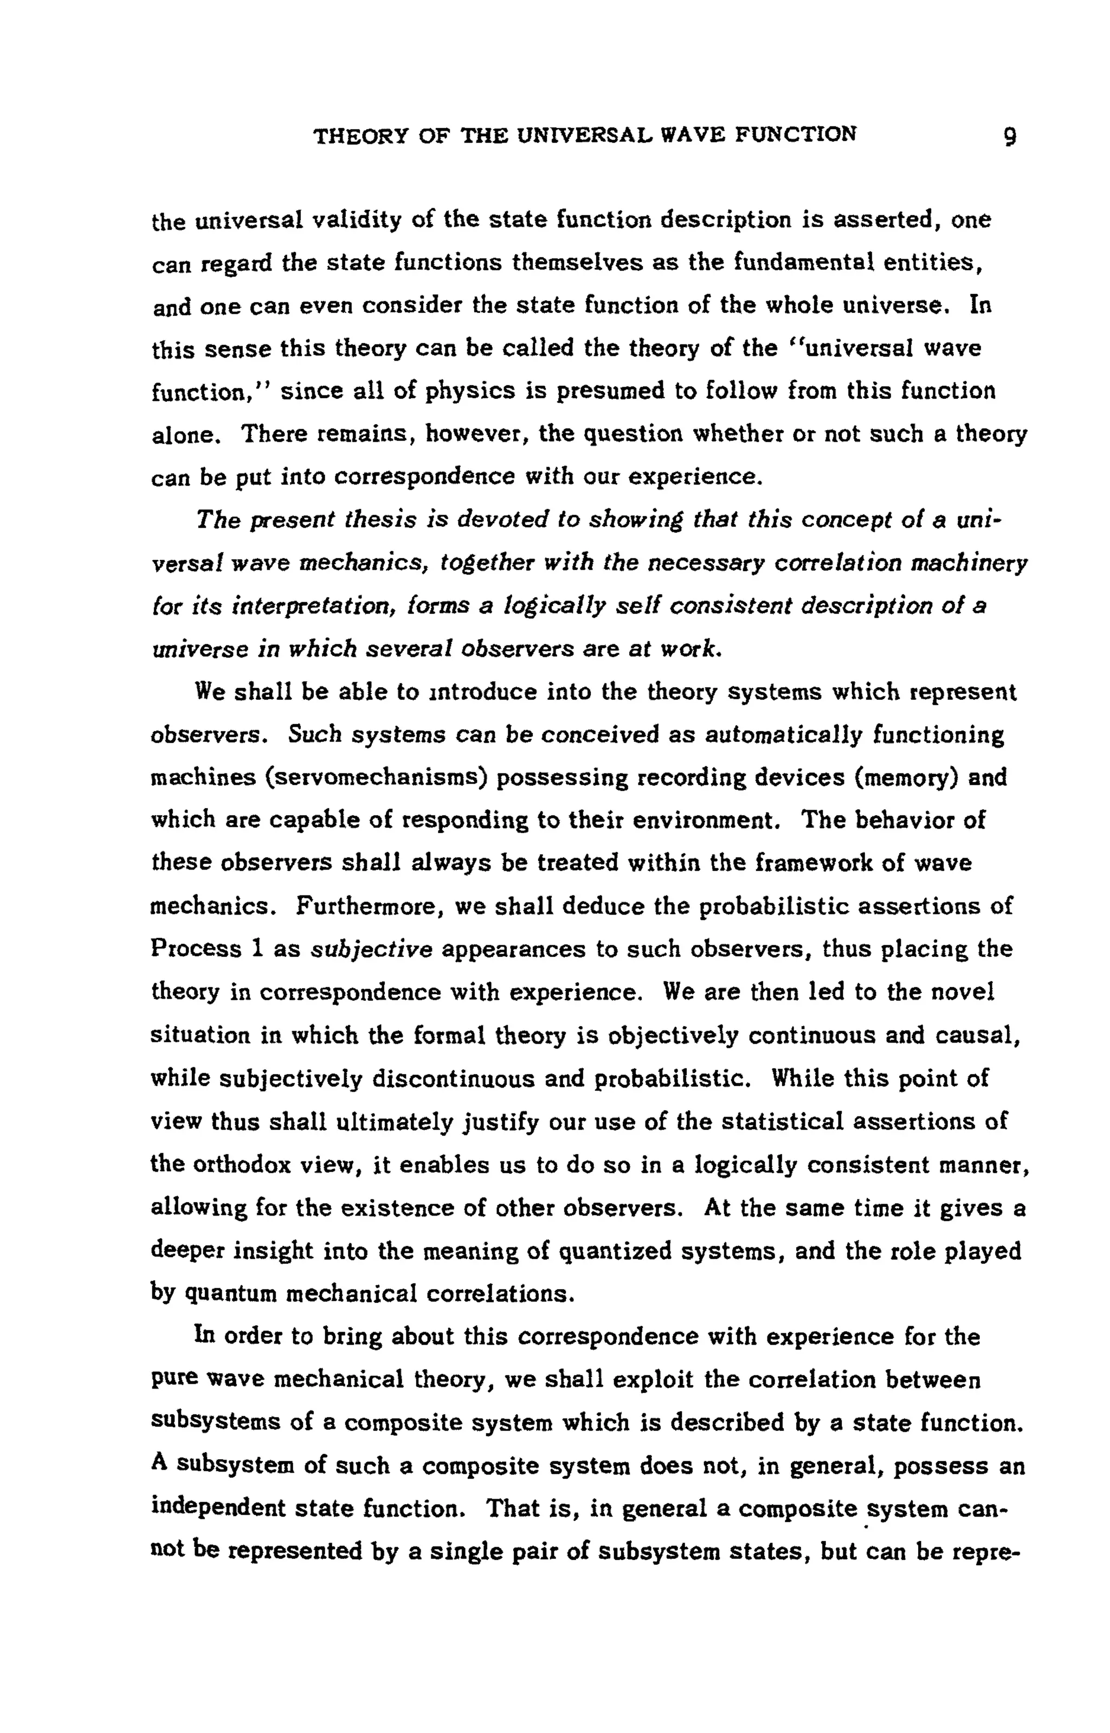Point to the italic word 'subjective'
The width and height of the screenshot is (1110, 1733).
[x=371, y=950]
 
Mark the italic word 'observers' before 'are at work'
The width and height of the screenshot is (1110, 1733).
[x=513, y=649]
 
